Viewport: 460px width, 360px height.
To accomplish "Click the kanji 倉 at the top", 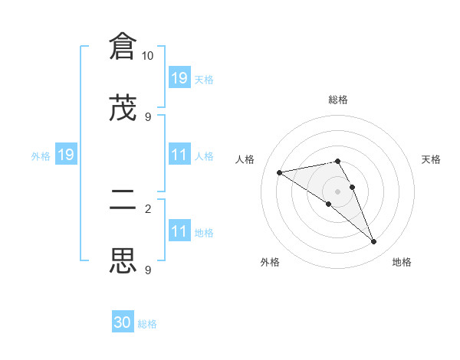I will pyautogui.click(x=123, y=47).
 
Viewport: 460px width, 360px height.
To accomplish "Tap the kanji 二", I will pyautogui.click(x=123, y=201).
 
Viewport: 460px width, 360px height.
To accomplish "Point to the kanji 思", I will pyautogui.click(x=123, y=260).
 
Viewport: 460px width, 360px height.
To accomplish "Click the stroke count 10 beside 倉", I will pyautogui.click(x=148, y=56).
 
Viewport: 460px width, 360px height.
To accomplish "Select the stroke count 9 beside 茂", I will pyautogui.click(x=148, y=116).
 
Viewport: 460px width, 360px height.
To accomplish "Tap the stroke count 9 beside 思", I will pyautogui.click(x=148, y=270).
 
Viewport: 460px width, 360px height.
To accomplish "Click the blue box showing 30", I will pyautogui.click(x=123, y=322).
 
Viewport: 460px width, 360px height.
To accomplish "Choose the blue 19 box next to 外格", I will pyautogui.click(x=65, y=155).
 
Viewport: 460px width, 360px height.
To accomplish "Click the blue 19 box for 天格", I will pyautogui.click(x=179, y=77).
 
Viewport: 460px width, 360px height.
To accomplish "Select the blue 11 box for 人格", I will pyautogui.click(x=179, y=155).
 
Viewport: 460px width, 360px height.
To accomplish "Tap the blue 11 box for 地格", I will pyautogui.click(x=179, y=231).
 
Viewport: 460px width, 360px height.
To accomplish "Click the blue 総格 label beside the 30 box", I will pyautogui.click(x=147, y=324).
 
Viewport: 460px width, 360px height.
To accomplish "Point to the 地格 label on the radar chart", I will pyautogui.click(x=402, y=262).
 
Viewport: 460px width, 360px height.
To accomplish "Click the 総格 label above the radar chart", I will pyautogui.click(x=338, y=100).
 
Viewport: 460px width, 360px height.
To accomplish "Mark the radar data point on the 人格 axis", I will pyautogui.click(x=280, y=172).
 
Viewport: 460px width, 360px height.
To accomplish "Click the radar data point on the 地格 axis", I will pyautogui.click(x=374, y=242).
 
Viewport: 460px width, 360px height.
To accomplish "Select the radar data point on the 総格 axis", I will pyautogui.click(x=337, y=161).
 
